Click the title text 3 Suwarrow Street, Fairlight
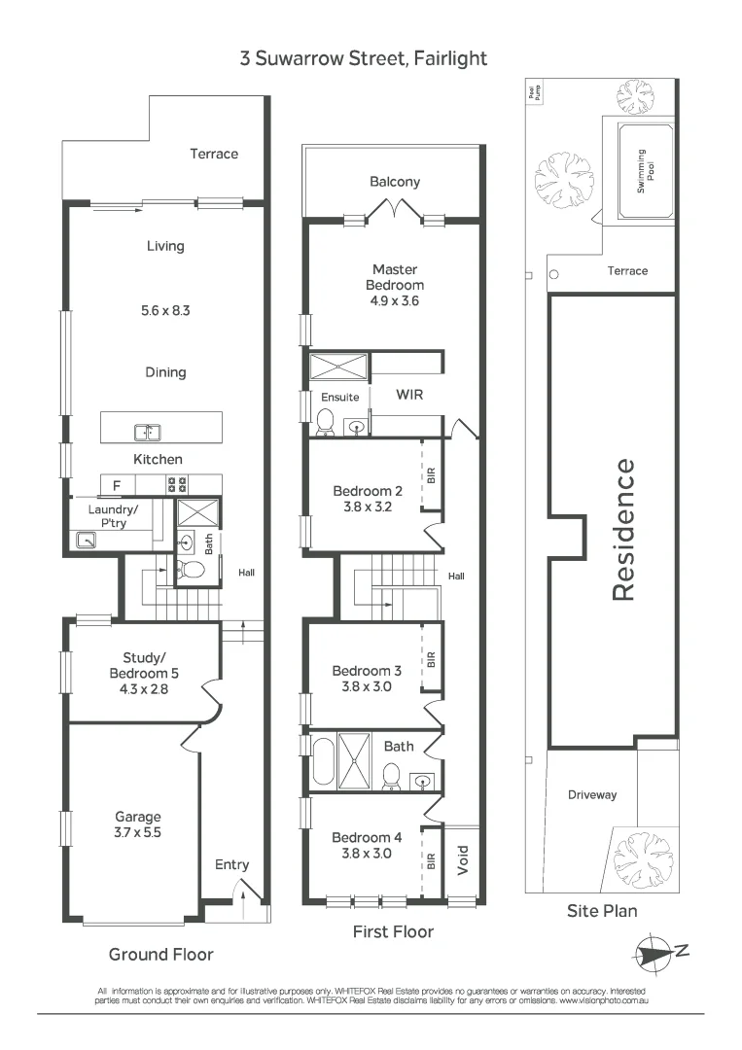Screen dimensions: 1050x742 [364, 58]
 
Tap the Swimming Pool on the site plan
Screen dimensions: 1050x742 [640, 171]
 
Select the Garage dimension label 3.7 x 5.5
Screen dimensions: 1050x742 [137, 833]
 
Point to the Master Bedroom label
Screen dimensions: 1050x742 [394, 277]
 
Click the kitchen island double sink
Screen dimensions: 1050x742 [148, 432]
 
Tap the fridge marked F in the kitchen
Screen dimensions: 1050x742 [117, 484]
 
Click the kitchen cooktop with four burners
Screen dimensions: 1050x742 [177, 484]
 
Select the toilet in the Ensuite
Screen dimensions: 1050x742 [326, 421]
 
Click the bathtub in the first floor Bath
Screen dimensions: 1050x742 [322, 761]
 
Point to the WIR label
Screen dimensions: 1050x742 [407, 396]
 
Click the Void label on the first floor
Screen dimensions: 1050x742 [463, 858]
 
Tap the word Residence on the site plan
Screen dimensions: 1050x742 [623, 530]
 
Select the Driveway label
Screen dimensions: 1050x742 [592, 795]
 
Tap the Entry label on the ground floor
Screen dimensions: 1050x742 [231, 864]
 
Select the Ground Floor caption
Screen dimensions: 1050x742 [160, 954]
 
